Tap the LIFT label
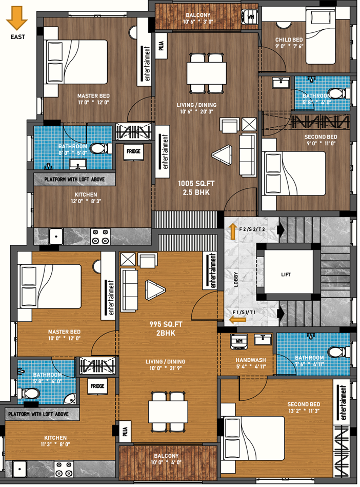click(x=286, y=275)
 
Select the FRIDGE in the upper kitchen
click(x=133, y=151)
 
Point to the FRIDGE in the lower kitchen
click(x=97, y=386)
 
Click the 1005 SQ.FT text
click(x=196, y=184)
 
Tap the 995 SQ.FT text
click(x=166, y=324)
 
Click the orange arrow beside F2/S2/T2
click(x=233, y=232)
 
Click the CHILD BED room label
click(x=289, y=40)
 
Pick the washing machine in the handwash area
click(x=239, y=342)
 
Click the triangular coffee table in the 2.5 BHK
click(x=222, y=154)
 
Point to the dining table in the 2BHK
click(x=168, y=412)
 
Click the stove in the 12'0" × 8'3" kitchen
click(x=100, y=237)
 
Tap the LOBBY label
click(x=236, y=280)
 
